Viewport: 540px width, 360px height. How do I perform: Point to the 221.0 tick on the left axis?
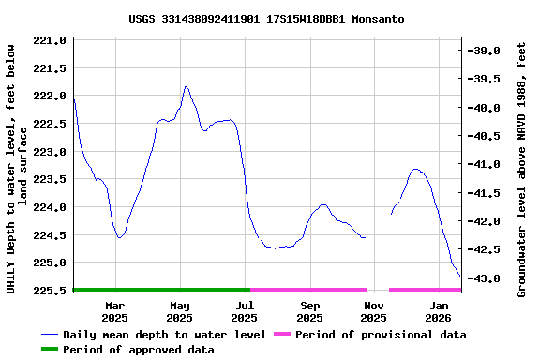(50, 41)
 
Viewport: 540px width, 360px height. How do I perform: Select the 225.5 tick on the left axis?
(50, 291)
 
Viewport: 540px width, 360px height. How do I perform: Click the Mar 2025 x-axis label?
(114, 311)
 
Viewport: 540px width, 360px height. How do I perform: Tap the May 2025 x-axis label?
(180, 311)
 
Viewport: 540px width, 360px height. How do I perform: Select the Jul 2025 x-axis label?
(245, 311)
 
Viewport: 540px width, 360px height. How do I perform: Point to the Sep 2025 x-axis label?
(310, 311)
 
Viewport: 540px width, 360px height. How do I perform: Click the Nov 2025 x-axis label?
(374, 311)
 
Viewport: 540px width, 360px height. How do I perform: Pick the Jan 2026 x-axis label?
(439, 311)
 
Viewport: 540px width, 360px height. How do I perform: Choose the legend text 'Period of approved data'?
(149, 350)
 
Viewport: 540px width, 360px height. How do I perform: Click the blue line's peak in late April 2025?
(186, 86)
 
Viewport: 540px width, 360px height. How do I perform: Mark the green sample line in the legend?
(62, 350)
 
